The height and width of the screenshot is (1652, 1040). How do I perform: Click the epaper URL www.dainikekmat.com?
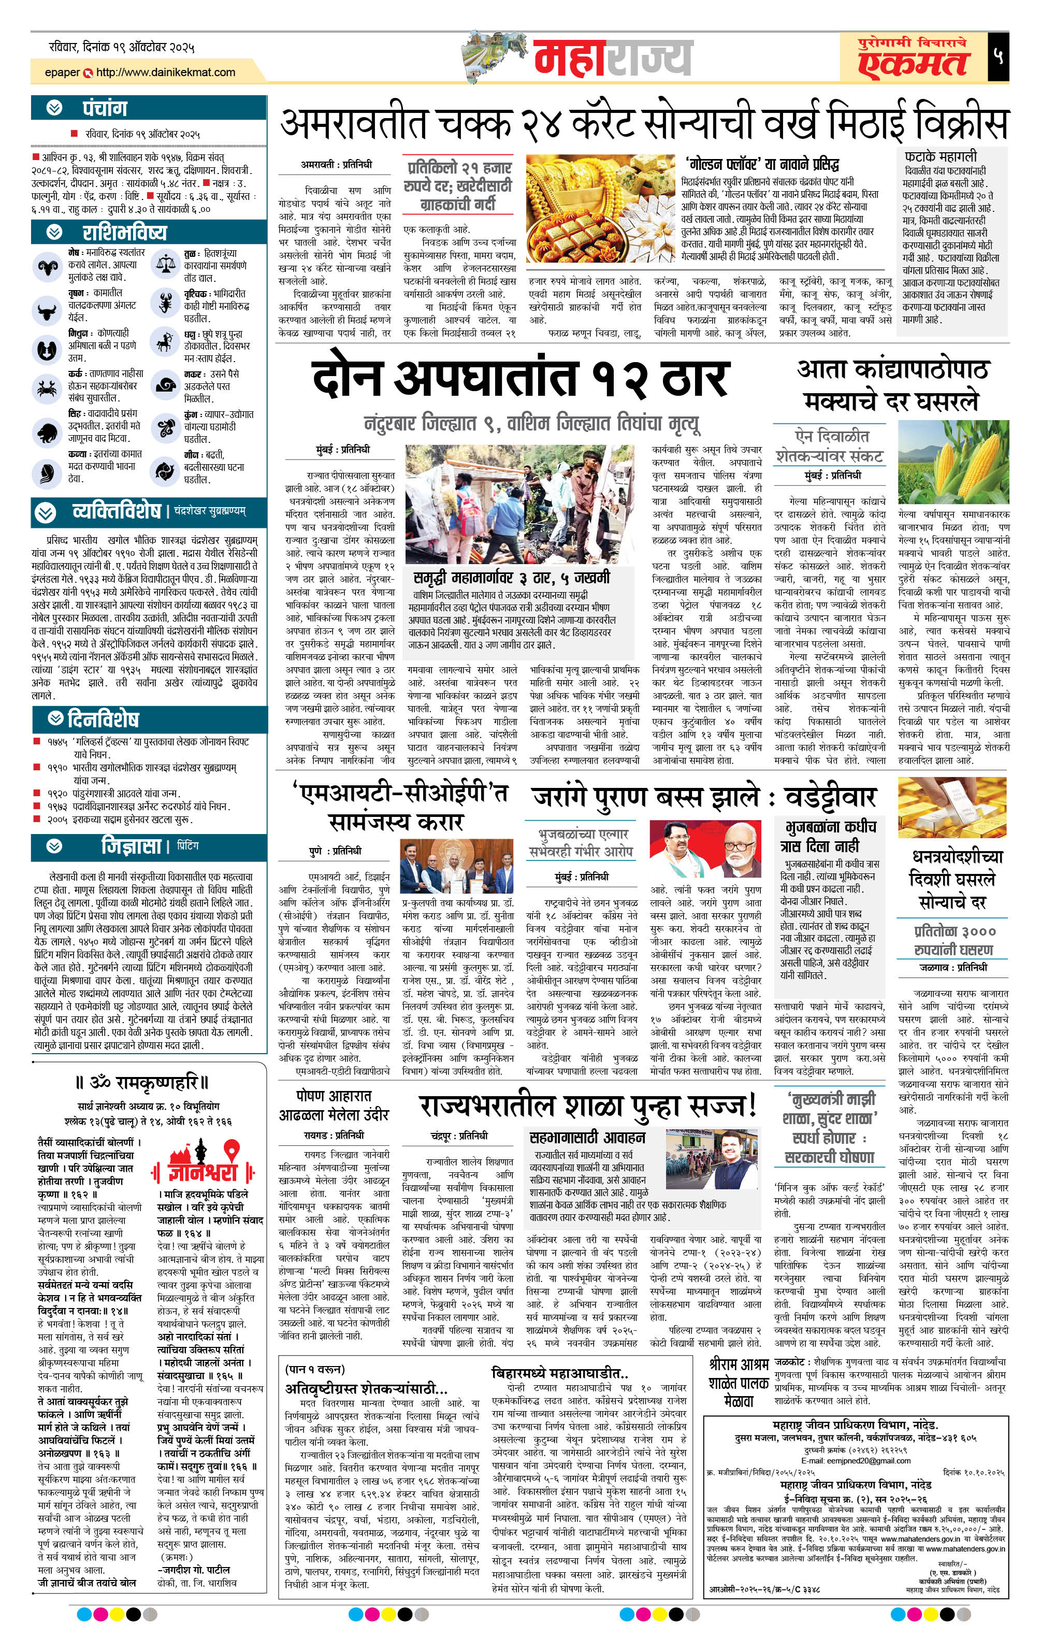165,72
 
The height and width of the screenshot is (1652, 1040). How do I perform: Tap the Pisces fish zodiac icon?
165,470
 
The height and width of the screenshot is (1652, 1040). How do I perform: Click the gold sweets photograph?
601,211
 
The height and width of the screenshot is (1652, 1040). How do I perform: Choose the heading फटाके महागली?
940,157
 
